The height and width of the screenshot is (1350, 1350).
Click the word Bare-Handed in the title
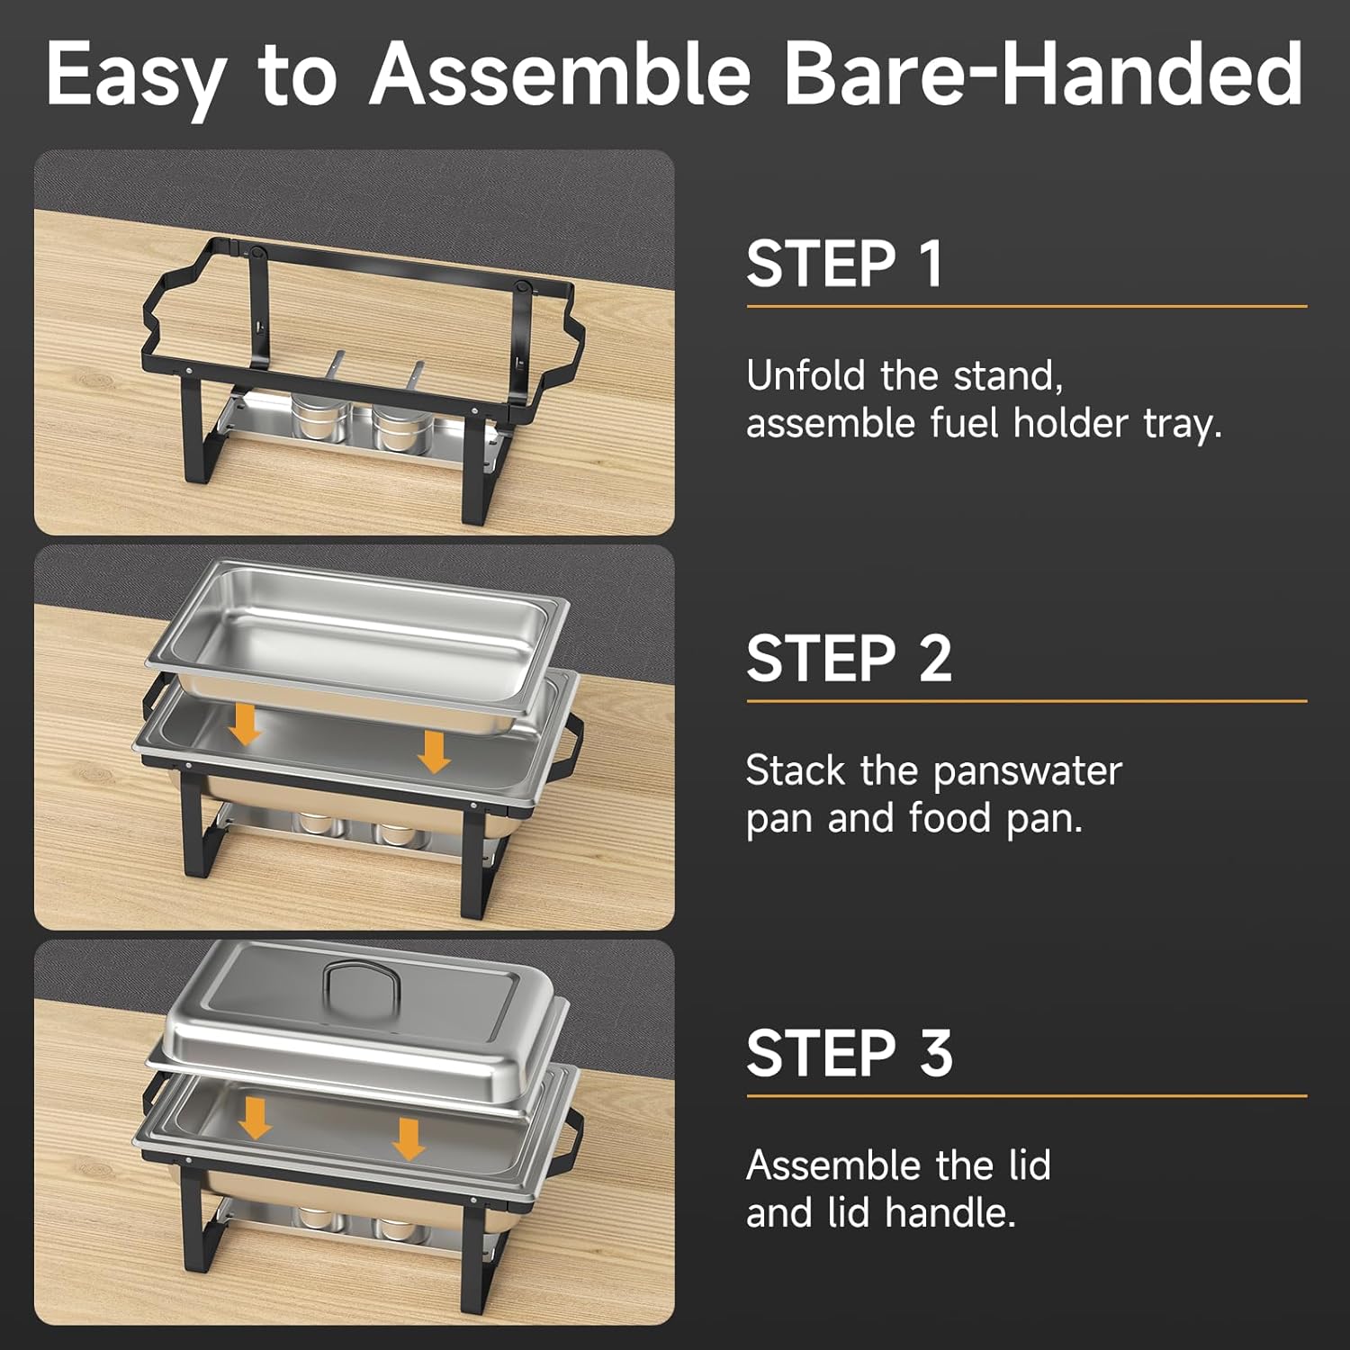(x=1043, y=73)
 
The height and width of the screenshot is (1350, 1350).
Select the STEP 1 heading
(x=844, y=264)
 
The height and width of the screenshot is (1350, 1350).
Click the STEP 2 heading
(x=849, y=658)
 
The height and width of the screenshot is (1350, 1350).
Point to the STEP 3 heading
(x=849, y=1053)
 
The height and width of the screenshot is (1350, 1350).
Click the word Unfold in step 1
(x=805, y=375)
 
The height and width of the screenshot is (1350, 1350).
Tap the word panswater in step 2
(x=1027, y=772)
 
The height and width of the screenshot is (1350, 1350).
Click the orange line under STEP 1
(x=1027, y=307)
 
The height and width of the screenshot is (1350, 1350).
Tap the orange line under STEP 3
(x=1027, y=1096)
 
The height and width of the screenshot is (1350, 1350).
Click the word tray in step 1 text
(x=1182, y=424)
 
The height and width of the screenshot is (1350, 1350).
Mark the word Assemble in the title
(x=560, y=73)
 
